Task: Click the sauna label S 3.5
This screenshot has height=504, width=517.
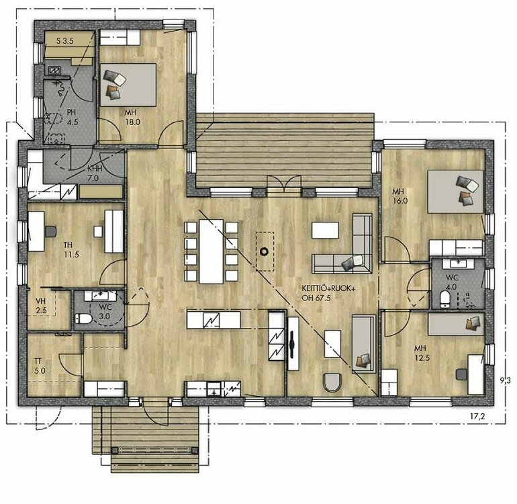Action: click(x=64, y=41)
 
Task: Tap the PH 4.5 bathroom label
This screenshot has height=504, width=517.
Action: click(x=72, y=117)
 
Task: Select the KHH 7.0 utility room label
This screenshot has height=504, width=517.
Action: click(x=94, y=173)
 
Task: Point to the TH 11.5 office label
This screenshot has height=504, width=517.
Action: click(x=71, y=250)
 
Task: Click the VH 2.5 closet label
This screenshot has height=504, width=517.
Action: click(x=41, y=306)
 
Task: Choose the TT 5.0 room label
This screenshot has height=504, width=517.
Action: click(x=40, y=366)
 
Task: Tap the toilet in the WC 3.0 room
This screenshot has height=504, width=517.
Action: click(x=83, y=319)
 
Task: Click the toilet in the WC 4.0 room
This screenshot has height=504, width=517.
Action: click(x=445, y=298)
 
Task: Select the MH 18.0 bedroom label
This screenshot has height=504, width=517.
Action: click(x=132, y=117)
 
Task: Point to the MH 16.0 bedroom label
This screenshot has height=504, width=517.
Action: click(x=400, y=196)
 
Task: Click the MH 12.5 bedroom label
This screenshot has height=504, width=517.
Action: click(x=422, y=353)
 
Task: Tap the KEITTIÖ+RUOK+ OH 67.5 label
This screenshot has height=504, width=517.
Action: click(x=329, y=293)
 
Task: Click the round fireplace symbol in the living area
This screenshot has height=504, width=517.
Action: click(x=265, y=252)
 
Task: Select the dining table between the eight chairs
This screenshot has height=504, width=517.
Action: click(x=211, y=251)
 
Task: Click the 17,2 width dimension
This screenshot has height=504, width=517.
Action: click(x=477, y=417)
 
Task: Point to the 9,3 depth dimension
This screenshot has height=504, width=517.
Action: click(x=506, y=380)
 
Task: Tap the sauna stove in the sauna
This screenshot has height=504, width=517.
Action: click(x=55, y=70)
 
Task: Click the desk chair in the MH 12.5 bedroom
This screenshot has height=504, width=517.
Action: click(x=461, y=374)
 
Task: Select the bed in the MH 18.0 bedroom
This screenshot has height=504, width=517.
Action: click(x=128, y=85)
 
